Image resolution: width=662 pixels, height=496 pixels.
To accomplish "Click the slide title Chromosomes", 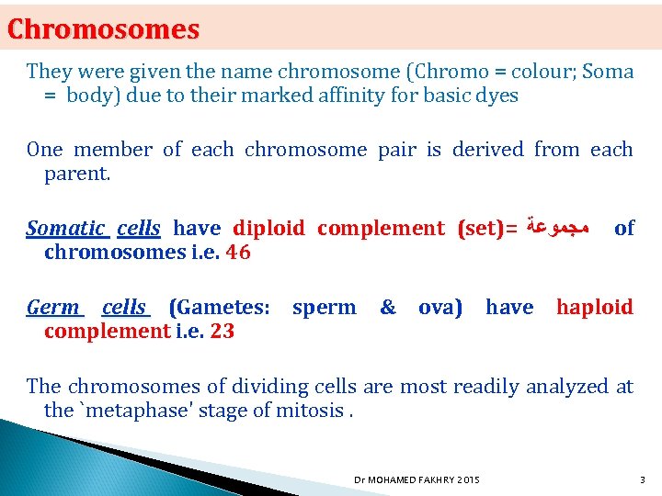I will point(103,29).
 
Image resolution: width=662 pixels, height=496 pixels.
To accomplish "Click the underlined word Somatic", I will point(65,228).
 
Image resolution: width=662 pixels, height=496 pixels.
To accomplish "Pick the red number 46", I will point(238,252).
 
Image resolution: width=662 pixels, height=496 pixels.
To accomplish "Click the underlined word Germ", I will point(54,308).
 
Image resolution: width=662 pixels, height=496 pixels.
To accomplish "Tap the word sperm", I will point(324,308).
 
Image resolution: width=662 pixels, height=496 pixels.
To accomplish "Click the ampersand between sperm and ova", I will point(388,308).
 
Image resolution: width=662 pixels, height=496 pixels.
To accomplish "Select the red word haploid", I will point(594,308).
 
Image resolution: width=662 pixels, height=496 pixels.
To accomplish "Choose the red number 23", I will point(222,331).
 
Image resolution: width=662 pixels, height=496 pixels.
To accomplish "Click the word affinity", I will point(310,96).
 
